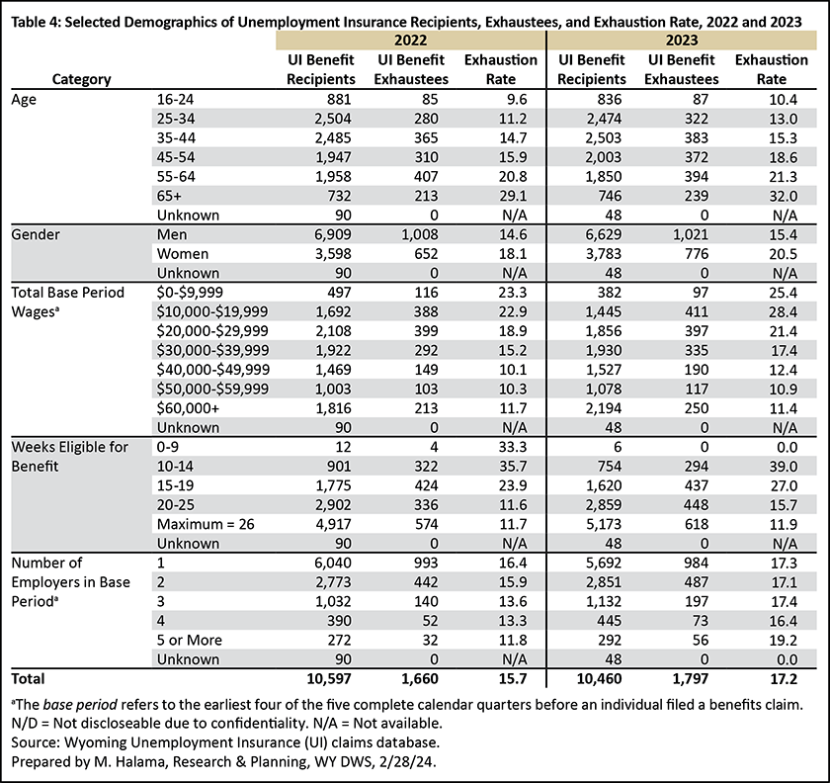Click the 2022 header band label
[x=411, y=41]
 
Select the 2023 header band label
[x=682, y=41]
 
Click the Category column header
[x=81, y=79]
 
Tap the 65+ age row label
[x=169, y=196]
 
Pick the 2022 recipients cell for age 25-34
[x=332, y=119]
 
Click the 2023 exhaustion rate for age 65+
[x=783, y=196]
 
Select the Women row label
[x=183, y=254]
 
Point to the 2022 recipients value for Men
[x=332, y=234]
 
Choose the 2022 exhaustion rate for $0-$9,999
[x=513, y=293]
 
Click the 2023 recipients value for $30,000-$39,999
[x=603, y=350]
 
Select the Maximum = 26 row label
[x=206, y=525]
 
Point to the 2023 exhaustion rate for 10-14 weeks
[x=783, y=467]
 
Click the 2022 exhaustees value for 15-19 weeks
[x=426, y=485]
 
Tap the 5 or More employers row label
[x=190, y=640]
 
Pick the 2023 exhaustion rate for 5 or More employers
[x=783, y=640]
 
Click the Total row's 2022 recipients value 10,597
[x=329, y=678]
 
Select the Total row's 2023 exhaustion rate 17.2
[x=783, y=678]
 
